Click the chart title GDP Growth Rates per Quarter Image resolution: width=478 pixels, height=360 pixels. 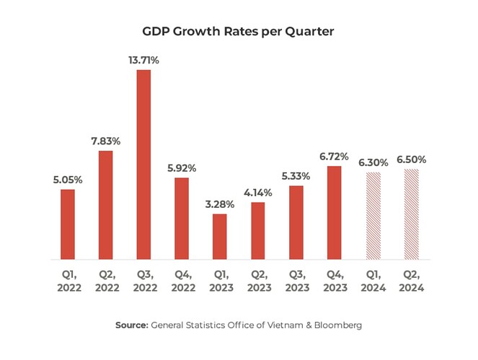[239, 32]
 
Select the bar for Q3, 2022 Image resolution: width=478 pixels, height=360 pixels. [143, 164]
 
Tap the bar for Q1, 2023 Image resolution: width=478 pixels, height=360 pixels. [219, 237]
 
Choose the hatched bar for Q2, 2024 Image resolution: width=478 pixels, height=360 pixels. [411, 214]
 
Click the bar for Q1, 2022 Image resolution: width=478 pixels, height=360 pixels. [68, 224]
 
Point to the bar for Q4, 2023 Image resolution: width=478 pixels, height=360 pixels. [334, 212]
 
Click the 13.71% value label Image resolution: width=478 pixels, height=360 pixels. [143, 61]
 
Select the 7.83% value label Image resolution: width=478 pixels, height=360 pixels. [105, 141]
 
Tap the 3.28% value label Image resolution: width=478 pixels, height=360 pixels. [219, 204]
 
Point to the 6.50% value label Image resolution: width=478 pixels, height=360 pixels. [411, 159]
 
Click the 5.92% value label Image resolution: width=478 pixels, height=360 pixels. [181, 168]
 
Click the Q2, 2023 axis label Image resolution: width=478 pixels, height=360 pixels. [257, 281]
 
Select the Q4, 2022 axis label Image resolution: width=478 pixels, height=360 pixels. [181, 281]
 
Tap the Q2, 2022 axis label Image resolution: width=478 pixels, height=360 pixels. [105, 281]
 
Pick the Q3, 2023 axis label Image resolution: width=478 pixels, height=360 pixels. [296, 281]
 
